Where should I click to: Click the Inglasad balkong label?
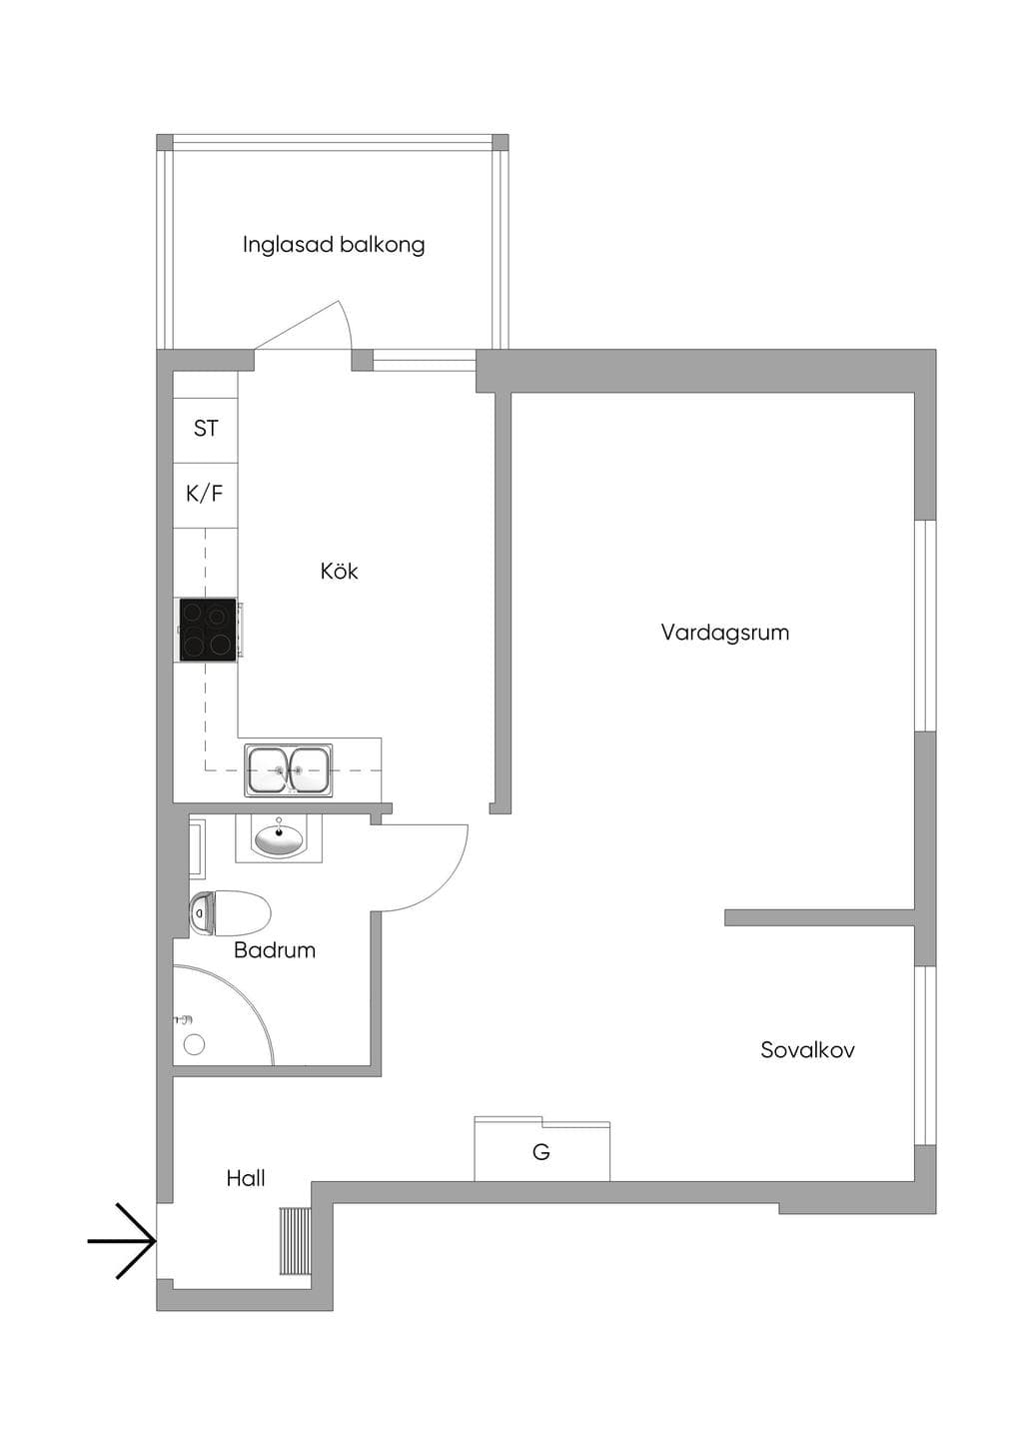pyautogui.click(x=334, y=245)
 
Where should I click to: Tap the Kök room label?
pyautogui.click(x=339, y=571)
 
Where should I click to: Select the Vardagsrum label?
pyautogui.click(x=725, y=633)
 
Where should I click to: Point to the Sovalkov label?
pyautogui.click(x=807, y=1049)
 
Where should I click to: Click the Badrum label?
pyautogui.click(x=275, y=949)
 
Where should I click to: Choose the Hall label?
pyautogui.click(x=246, y=1178)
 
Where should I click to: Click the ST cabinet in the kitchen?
pyautogui.click(x=206, y=429)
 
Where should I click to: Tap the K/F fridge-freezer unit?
pyautogui.click(x=206, y=496)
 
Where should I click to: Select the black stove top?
pyautogui.click(x=208, y=631)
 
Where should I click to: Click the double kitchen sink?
pyautogui.click(x=289, y=769)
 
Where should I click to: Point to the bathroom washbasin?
pyautogui.click(x=279, y=838)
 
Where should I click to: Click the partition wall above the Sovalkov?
pyautogui.click(x=819, y=917)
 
